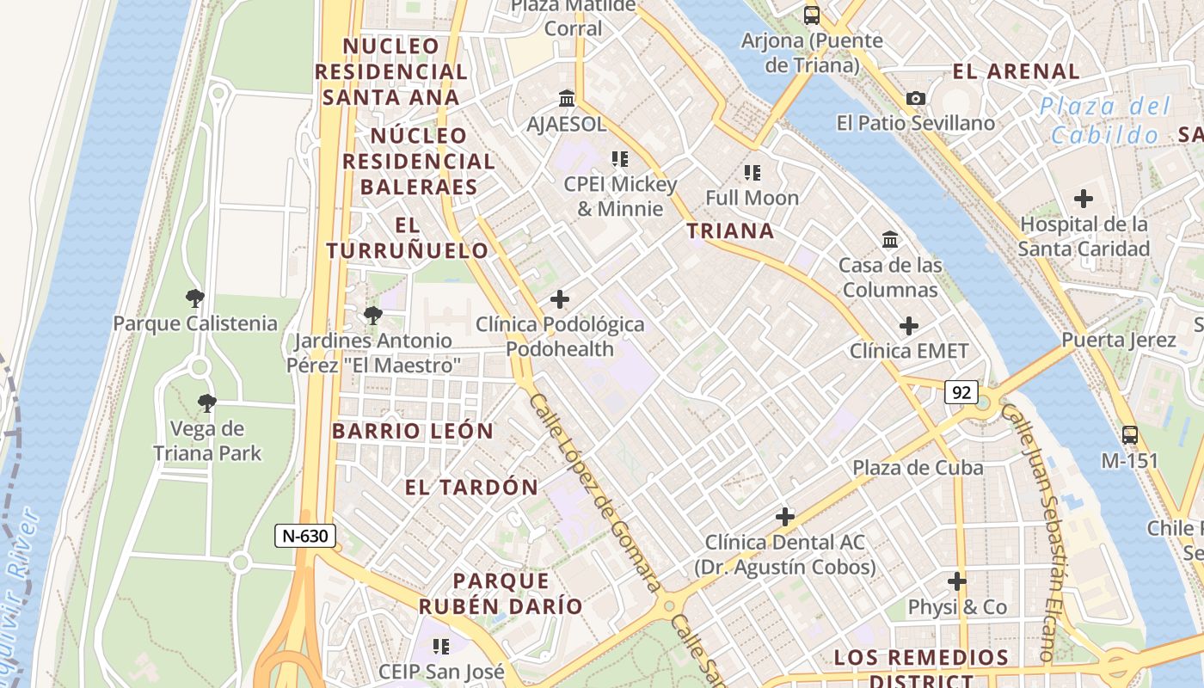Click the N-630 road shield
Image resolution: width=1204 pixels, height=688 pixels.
tap(305, 536)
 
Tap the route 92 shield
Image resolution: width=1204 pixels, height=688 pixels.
tap(961, 393)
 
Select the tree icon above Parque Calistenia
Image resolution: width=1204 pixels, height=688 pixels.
tap(195, 298)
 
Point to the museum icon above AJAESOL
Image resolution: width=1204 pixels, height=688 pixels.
tap(567, 99)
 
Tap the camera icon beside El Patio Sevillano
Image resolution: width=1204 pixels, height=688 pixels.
tap(916, 98)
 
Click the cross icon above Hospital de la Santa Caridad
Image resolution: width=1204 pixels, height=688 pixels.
tap(1084, 200)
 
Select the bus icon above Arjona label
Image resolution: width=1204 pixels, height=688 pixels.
tap(812, 15)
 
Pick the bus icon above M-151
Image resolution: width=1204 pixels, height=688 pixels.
tap(1130, 435)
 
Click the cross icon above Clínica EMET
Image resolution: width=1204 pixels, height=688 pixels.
tap(909, 326)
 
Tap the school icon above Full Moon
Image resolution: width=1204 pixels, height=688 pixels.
tap(752, 173)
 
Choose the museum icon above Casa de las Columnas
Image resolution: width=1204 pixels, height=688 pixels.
tap(890, 239)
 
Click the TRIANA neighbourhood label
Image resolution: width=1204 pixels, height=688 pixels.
tap(730, 230)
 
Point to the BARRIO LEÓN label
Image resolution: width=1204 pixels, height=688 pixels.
tap(413, 431)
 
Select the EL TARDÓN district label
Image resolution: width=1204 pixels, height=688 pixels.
tap(471, 488)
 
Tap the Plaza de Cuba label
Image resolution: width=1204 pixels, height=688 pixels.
tap(918, 468)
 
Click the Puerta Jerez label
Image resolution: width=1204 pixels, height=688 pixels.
tap(1118, 340)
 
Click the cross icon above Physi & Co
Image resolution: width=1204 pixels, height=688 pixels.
tap(957, 581)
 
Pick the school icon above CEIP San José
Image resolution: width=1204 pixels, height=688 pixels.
tap(441, 646)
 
